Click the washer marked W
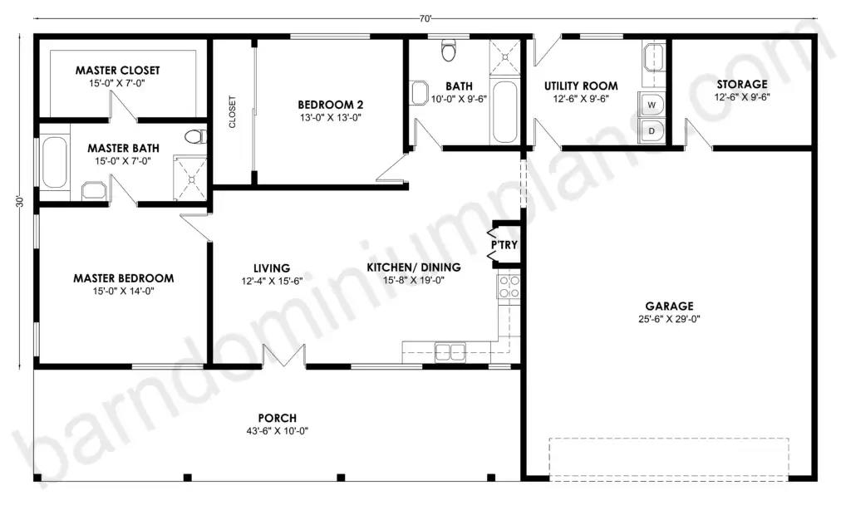pyautogui.click(x=652, y=105)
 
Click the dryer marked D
pyautogui.click(x=652, y=130)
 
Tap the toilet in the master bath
pyautogui.click(x=195, y=136)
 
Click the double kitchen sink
pyautogui.click(x=450, y=351)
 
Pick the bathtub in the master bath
pyautogui.click(x=54, y=162)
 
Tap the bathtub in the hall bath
pyautogui.click(x=504, y=112)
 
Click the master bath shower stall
pyautogui.click(x=190, y=178)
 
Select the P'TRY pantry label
pyautogui.click(x=504, y=245)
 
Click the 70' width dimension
pyautogui.click(x=425, y=19)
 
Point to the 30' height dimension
pyautogui.click(x=20, y=201)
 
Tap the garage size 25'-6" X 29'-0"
pyautogui.click(x=669, y=319)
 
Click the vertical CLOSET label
pyautogui.click(x=233, y=112)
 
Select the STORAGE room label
pyautogui.click(x=742, y=84)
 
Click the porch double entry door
pyautogui.click(x=284, y=356)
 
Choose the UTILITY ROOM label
pyautogui.click(x=581, y=86)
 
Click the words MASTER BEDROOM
pyautogui.click(x=124, y=278)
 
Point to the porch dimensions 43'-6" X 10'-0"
pyautogui.click(x=278, y=431)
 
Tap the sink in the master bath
pyautogui.click(x=94, y=191)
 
